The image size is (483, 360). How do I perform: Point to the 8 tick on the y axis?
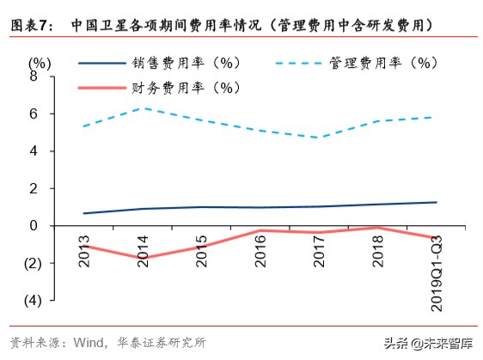(x=34, y=76)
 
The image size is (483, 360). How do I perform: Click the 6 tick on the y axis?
(x=34, y=113)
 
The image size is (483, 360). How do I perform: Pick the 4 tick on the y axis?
(x=34, y=151)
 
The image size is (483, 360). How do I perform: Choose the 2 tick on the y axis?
(x=34, y=188)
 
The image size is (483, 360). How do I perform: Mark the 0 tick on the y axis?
(x=34, y=226)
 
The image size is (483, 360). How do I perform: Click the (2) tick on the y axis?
(x=31, y=263)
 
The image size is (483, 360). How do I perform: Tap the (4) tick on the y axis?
(x=31, y=301)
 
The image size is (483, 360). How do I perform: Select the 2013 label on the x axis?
(x=83, y=248)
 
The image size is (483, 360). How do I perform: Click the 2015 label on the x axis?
(x=200, y=248)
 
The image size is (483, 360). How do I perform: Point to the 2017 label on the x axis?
(x=316, y=248)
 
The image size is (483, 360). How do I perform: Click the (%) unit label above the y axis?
(x=39, y=63)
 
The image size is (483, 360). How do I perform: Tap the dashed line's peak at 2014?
(x=142, y=108)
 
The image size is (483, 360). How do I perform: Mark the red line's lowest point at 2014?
(x=142, y=258)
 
